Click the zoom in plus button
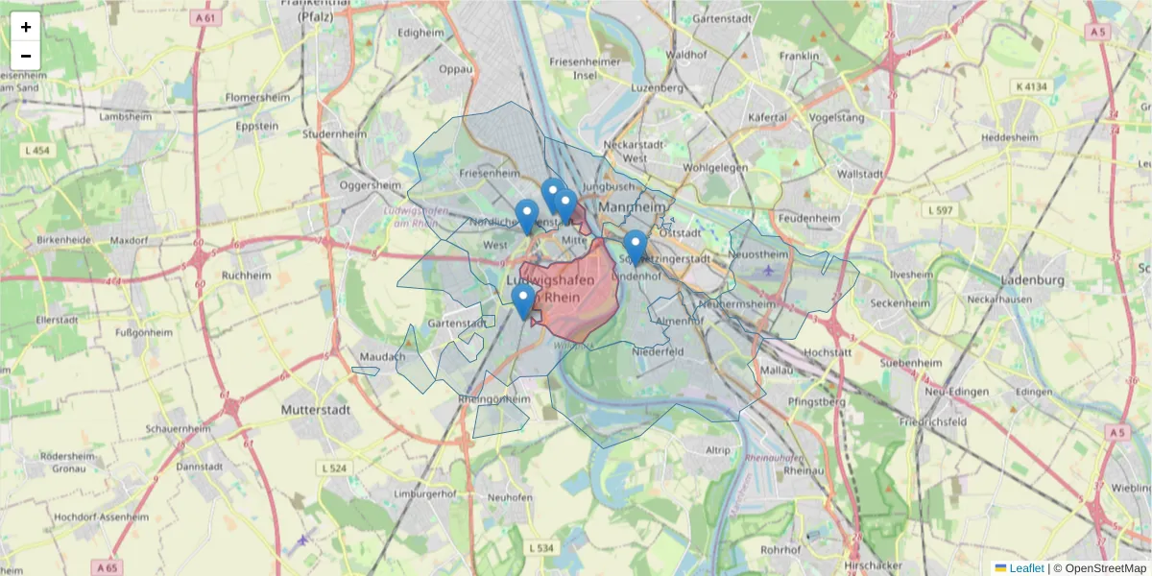(x=26, y=27)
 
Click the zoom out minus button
(x=26, y=56)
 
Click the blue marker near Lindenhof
(x=635, y=246)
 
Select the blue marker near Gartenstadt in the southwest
(x=522, y=300)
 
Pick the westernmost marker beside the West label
(x=526, y=216)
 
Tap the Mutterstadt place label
(x=316, y=409)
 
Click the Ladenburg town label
(x=1033, y=280)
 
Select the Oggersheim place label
(x=370, y=184)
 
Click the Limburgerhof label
(x=419, y=493)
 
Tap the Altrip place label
(x=718, y=449)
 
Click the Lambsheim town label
(x=126, y=116)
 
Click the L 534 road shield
(x=541, y=547)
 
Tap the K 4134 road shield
(x=1031, y=86)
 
